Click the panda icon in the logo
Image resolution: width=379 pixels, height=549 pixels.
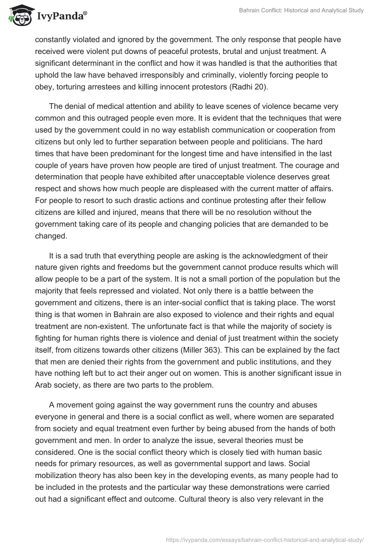tap(18, 16)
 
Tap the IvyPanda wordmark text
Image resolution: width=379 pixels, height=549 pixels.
tap(62, 17)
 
